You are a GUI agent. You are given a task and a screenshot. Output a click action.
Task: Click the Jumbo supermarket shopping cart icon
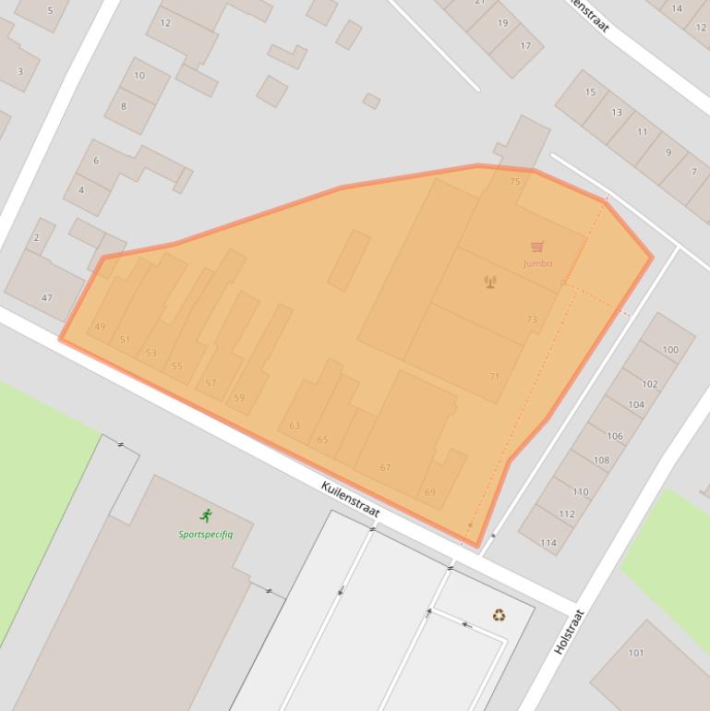coord(537,247)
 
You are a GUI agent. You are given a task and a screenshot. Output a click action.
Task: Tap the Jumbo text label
coord(537,263)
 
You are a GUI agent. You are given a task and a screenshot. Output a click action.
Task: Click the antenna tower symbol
coord(490,282)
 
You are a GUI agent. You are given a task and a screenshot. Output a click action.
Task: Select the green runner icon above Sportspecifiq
coord(205,516)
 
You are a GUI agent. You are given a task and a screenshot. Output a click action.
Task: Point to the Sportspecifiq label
coord(206,534)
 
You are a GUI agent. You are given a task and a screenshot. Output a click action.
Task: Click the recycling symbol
coord(499,615)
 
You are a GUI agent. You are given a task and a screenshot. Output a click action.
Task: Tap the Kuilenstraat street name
coord(350,500)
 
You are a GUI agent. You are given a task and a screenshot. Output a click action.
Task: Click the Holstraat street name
coord(569,633)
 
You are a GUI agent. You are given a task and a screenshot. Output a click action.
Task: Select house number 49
coord(100,327)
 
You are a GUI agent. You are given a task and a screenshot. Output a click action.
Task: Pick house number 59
coord(240,398)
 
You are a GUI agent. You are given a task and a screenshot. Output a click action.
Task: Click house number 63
coord(295,426)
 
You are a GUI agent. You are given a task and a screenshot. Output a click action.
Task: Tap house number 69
coord(429,492)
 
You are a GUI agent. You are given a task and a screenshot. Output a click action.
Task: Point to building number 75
coord(515,182)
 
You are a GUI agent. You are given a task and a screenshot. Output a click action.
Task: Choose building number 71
coord(494,377)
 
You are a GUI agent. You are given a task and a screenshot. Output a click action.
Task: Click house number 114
coord(548,542)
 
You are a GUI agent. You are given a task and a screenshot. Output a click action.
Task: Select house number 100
coord(670,350)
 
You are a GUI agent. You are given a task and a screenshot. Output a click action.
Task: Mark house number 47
coord(46,298)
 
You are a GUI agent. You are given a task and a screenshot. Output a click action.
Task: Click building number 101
coord(636,653)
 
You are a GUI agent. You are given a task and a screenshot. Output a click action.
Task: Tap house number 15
coord(590,92)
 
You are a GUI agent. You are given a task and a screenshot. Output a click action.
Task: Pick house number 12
coord(165,23)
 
